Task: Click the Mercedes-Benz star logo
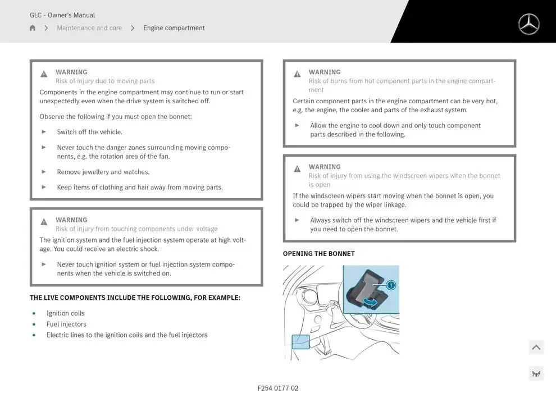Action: tap(528, 24)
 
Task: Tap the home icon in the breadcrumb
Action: tap(33, 28)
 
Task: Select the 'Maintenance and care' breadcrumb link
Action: tap(89, 28)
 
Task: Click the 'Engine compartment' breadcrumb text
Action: tap(174, 28)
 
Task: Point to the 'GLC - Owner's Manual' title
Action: tap(62, 15)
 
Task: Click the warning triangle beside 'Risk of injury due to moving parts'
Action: tap(44, 74)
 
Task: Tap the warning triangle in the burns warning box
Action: tap(297, 74)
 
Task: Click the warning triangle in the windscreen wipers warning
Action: tap(297, 169)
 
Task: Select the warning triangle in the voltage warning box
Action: tap(44, 222)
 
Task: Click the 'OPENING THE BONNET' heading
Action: tap(319, 254)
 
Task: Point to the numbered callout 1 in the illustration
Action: tap(391, 285)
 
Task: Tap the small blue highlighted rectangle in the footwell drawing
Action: tap(300, 341)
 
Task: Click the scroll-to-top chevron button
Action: tap(536, 348)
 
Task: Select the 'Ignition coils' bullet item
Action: tap(65, 313)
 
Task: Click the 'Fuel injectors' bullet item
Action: tap(66, 324)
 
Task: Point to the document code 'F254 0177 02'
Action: tap(278, 388)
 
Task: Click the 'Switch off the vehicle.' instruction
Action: tap(89, 132)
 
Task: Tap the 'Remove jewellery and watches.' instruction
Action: tap(103, 172)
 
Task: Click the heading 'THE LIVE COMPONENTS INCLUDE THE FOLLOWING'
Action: tap(135, 298)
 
